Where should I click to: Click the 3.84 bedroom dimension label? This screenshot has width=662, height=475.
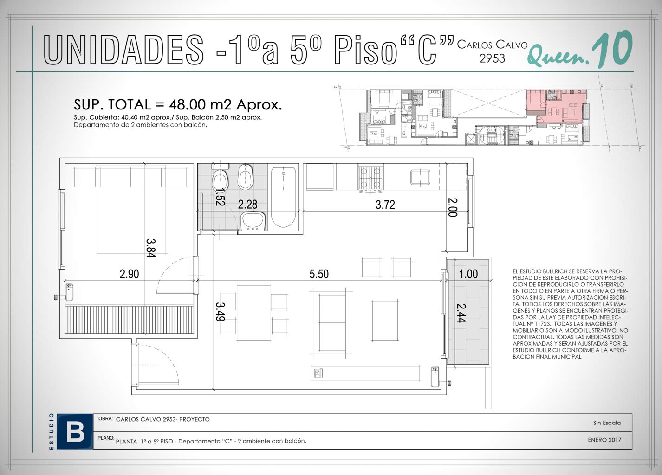(x=151, y=248)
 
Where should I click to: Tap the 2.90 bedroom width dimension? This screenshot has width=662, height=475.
(x=129, y=274)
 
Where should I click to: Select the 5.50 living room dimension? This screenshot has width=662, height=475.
(x=319, y=274)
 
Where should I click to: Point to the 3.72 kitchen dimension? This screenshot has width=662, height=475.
(x=385, y=205)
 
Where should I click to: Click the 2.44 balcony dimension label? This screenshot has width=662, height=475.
(x=461, y=313)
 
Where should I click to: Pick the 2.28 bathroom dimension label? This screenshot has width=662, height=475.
(x=247, y=204)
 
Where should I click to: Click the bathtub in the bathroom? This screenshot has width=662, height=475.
(x=284, y=198)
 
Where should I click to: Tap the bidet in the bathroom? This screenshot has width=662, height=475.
(x=246, y=177)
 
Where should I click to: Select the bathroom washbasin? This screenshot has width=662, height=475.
(x=253, y=221)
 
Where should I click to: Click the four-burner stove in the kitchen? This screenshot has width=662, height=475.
(x=370, y=178)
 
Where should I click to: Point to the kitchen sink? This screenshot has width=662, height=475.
(x=420, y=177)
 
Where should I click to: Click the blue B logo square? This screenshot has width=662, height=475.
(x=75, y=431)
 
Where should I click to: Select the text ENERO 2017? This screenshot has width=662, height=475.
(x=604, y=440)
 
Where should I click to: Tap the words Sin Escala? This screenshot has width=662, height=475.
(x=607, y=423)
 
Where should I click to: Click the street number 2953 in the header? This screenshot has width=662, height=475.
(x=492, y=58)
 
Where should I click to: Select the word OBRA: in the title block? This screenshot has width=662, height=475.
(x=105, y=418)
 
